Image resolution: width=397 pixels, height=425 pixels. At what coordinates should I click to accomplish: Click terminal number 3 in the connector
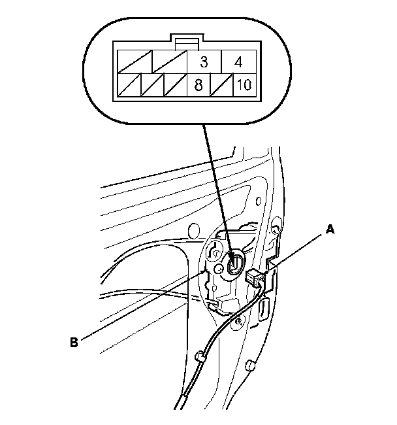204,63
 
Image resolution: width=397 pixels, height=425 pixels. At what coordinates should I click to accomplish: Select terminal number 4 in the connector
238,63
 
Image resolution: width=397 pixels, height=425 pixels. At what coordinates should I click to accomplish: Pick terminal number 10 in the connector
242,85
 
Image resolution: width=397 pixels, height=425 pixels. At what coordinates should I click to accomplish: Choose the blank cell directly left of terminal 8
175,85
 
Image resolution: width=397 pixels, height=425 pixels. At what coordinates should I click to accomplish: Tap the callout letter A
330,229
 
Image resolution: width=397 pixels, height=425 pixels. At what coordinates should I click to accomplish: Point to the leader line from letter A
297,249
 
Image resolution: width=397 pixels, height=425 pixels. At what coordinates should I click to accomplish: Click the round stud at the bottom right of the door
250,364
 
